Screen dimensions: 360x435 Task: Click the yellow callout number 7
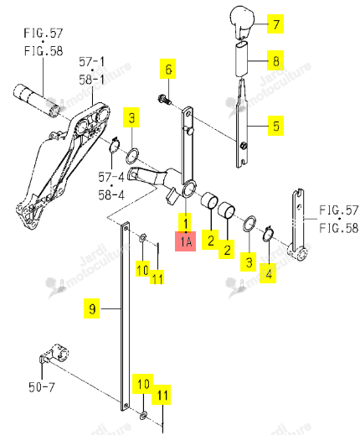pyautogui.click(x=275, y=24)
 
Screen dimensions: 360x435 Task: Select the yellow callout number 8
pyautogui.click(x=275, y=60)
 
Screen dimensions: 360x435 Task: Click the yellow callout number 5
pyautogui.click(x=275, y=126)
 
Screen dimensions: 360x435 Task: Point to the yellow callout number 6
pyautogui.click(x=167, y=69)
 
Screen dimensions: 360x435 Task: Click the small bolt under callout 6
pyautogui.click(x=164, y=100)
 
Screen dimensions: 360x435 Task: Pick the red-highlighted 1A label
pyautogui.click(x=186, y=241)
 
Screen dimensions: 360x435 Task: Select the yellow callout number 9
pyautogui.click(x=92, y=308)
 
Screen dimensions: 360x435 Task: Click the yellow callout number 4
pyautogui.click(x=268, y=273)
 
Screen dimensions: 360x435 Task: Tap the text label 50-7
pyautogui.click(x=42, y=387)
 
